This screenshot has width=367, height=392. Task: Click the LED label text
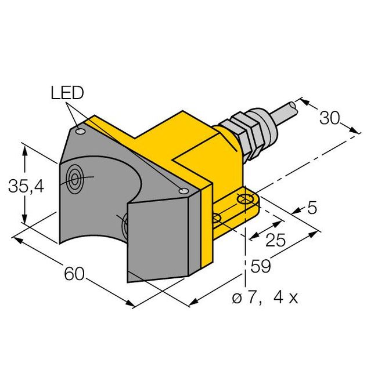click(67, 93)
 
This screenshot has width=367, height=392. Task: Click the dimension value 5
click(312, 208)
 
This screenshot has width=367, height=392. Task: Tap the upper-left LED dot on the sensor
click(81, 133)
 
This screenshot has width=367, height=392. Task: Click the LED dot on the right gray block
click(183, 191)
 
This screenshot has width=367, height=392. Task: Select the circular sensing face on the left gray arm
click(75, 179)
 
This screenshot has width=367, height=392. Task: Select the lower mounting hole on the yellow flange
click(217, 219)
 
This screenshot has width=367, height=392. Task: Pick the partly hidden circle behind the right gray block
click(123, 225)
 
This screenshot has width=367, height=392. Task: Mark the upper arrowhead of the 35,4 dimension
click(24, 148)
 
